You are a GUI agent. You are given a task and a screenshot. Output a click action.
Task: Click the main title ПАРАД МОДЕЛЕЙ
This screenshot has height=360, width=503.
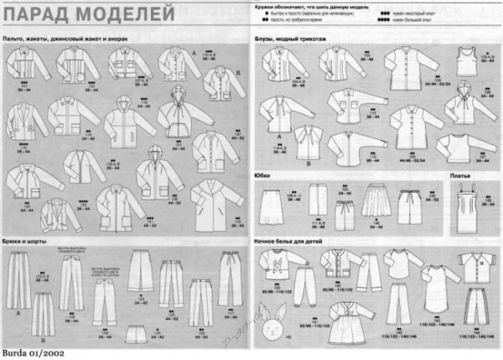(88, 14)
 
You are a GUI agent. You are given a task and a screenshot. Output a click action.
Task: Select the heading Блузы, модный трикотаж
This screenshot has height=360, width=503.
(289, 40)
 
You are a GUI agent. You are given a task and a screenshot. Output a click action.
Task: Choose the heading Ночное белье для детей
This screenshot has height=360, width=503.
(289, 240)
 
